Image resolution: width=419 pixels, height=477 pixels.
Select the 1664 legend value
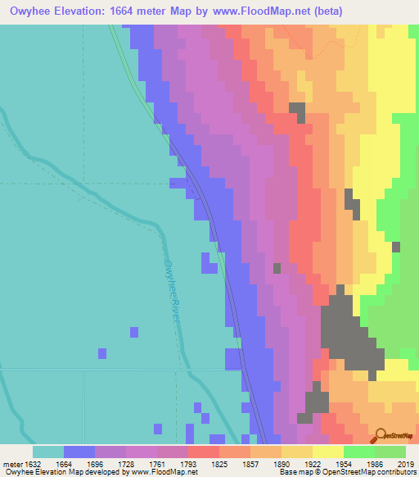pos(64,463)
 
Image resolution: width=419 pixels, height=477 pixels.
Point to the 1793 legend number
pos(187,463)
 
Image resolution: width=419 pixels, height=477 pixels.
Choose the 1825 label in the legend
pos(219,463)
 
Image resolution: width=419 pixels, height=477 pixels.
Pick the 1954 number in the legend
pos(343,463)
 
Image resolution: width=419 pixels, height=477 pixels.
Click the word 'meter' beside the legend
pos(10,463)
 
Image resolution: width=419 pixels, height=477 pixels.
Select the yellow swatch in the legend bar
pos(327,452)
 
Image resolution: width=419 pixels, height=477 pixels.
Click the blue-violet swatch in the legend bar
pos(79,452)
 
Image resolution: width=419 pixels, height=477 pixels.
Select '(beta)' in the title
pos(322,11)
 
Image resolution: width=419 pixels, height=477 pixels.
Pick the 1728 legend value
pos(126,463)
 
